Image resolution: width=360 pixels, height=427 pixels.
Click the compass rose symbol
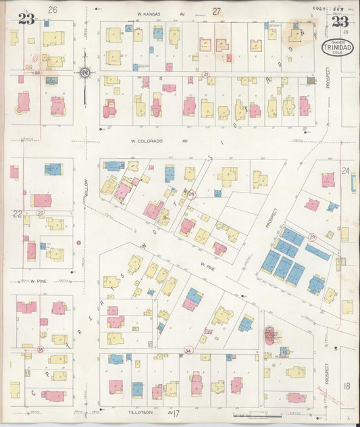[x=85, y=73]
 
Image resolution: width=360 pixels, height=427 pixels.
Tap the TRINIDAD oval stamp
[x=335, y=49]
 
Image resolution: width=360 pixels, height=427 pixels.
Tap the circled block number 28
[x=192, y=195]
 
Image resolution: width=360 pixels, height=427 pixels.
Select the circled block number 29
[x=313, y=236]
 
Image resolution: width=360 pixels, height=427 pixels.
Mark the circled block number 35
[x=41, y=349]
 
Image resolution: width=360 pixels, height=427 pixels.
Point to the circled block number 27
[x=41, y=212]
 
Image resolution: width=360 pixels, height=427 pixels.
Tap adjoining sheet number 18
[x=347, y=385]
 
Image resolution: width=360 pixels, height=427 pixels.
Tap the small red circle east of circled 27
[x=79, y=241]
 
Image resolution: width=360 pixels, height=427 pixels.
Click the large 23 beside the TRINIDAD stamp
[x=340, y=21]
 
